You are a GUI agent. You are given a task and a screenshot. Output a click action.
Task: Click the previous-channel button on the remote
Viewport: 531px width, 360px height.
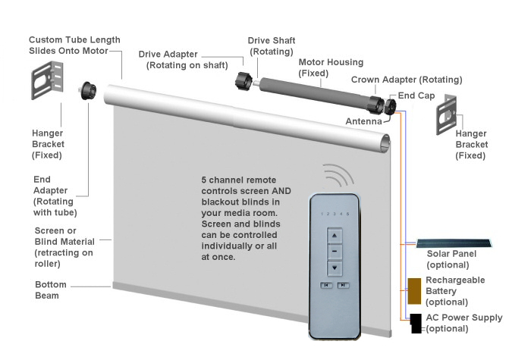coord(326,286)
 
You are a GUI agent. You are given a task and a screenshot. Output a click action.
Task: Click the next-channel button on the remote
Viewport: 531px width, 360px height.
coord(344,286)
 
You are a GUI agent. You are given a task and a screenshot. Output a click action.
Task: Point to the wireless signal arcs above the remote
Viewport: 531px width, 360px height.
coord(338,177)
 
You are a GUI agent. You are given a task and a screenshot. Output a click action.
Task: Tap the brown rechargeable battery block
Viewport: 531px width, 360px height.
coord(414,290)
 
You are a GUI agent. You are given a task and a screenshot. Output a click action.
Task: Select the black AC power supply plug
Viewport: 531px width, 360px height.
coord(416,324)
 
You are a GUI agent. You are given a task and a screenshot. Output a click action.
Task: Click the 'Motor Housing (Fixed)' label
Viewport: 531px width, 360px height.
coord(331,67)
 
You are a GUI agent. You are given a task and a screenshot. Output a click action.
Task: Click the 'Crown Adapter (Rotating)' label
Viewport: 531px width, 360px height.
coord(407,80)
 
